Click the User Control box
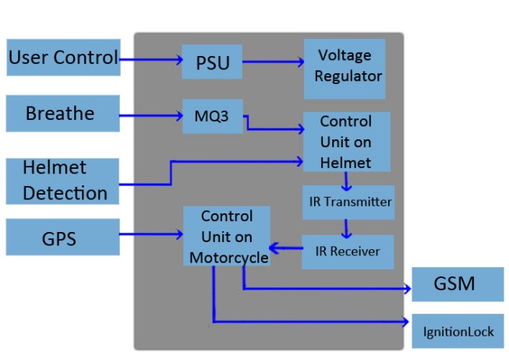point(63,57)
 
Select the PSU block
point(212,62)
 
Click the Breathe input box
point(62,114)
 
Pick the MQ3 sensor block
point(213,117)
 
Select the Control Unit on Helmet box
point(346,142)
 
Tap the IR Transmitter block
point(348,202)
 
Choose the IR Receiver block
point(348,251)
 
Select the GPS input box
point(62,237)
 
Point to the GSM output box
point(457,284)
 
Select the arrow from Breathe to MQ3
point(151,116)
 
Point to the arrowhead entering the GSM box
point(408,288)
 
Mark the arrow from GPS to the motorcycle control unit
point(151,233)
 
